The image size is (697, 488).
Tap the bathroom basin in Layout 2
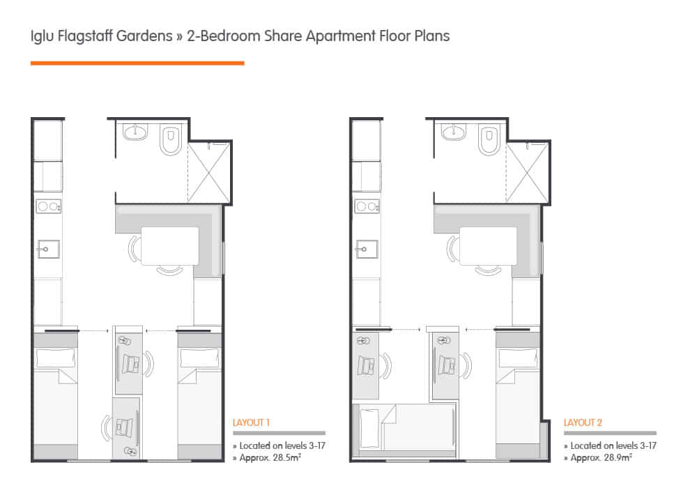[454, 132]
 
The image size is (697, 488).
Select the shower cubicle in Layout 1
[208, 171]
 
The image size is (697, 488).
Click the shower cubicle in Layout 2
[527, 171]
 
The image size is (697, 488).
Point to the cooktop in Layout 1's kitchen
[49, 207]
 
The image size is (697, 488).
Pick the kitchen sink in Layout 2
[367, 248]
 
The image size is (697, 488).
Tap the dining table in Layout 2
[487, 245]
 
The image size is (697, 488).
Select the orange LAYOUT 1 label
[251, 422]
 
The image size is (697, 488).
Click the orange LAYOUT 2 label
[582, 422]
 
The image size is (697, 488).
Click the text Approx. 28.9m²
[602, 457]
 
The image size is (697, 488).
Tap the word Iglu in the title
[42, 36]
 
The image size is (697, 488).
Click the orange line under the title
[137, 63]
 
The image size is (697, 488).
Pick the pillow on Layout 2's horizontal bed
[369, 423]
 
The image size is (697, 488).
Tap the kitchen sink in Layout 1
[48, 248]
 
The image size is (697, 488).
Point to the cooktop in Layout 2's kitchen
[367, 207]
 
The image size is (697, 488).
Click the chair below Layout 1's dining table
[169, 270]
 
